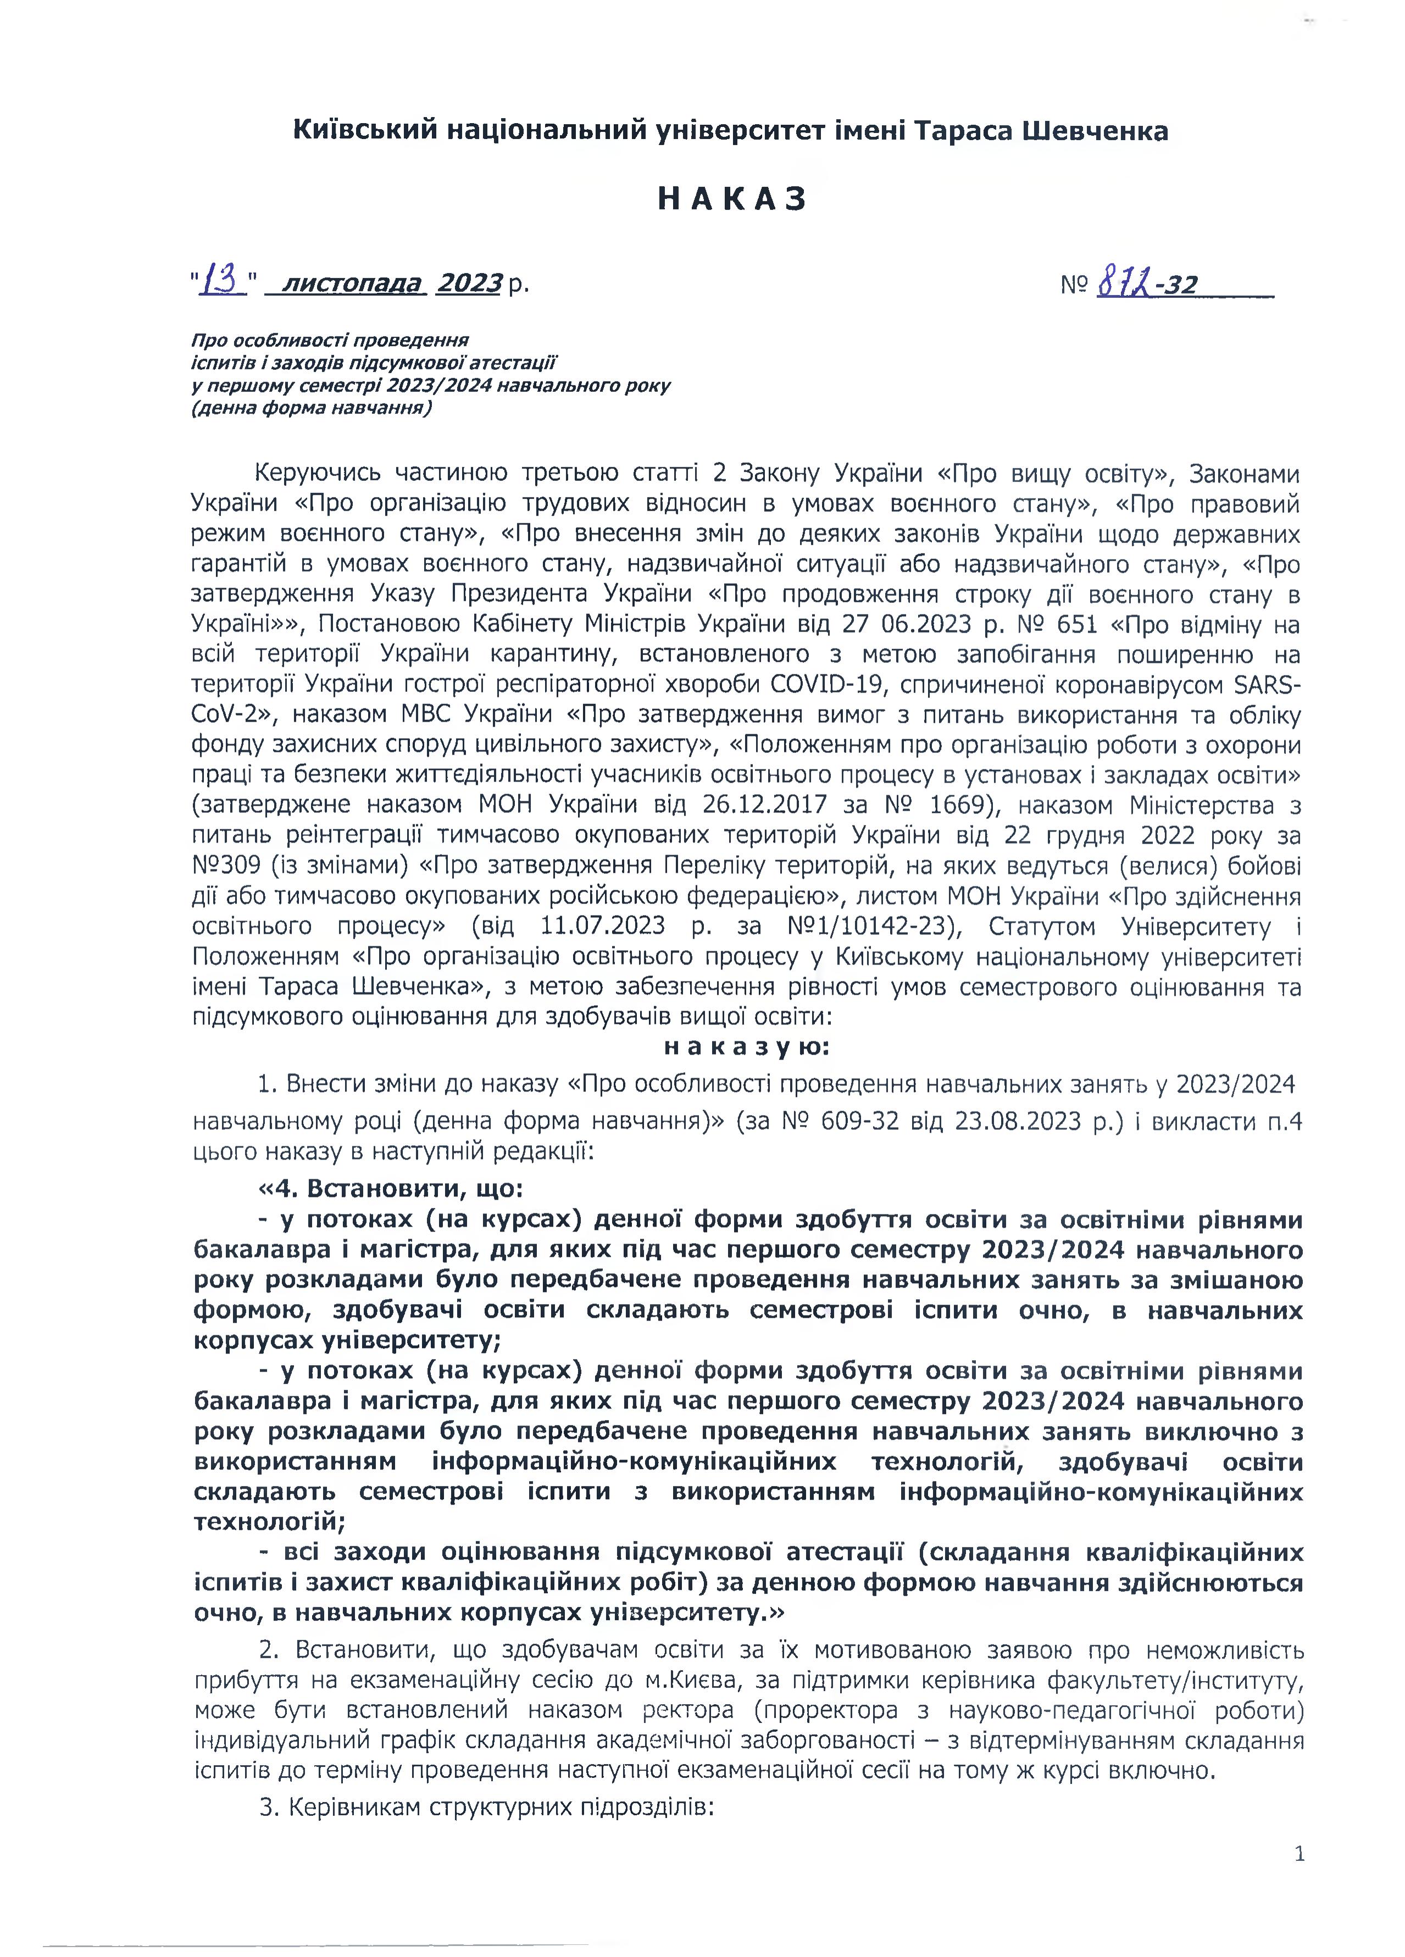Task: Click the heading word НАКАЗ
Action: (731, 199)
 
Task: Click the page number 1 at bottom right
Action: (1299, 1854)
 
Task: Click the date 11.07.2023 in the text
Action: (602, 926)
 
